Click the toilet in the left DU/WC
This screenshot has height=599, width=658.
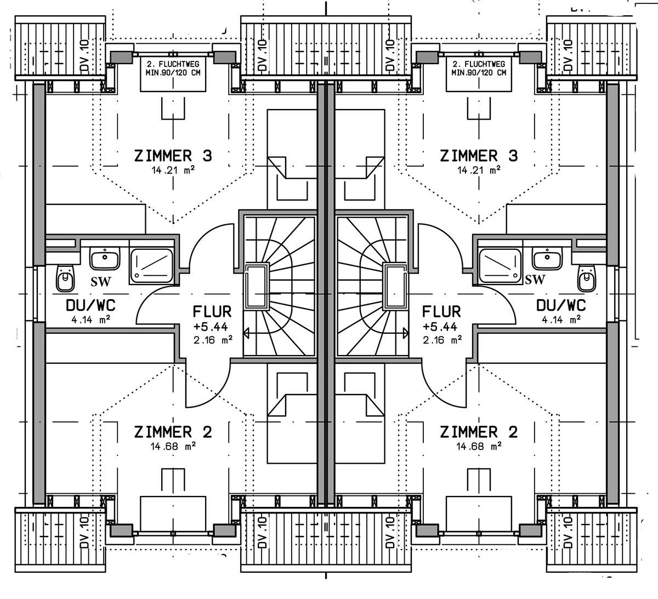coord(65,278)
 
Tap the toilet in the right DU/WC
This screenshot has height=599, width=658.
coord(587,278)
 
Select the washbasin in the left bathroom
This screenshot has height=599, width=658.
coord(105,259)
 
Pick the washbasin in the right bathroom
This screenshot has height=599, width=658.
coord(547,259)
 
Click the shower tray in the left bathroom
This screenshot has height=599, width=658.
coord(151,266)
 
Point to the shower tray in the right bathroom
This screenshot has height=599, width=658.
coord(500,266)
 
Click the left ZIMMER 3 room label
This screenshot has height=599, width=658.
coord(173,156)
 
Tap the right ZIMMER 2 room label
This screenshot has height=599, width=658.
coord(479,432)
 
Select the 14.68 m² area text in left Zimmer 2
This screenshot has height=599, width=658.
coord(173,446)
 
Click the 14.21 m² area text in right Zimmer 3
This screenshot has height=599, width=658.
coord(479,170)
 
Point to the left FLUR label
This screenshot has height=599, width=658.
coord(212,311)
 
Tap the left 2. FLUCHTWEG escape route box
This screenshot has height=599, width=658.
coord(173,74)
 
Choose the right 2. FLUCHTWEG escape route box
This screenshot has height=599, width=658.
coord(479,74)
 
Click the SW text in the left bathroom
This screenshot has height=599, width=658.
coord(101,281)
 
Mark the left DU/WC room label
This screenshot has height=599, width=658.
coord(91,305)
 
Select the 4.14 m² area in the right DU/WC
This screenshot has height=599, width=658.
coord(561,320)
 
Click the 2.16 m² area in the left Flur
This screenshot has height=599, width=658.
coord(213,340)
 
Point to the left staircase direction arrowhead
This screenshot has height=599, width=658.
coord(246,333)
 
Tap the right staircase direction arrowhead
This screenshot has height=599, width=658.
coord(406,333)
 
